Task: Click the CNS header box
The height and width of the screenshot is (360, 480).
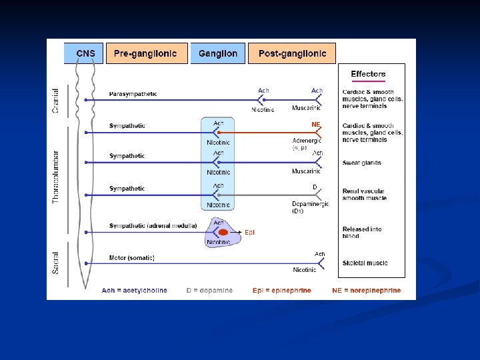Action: coord(83,53)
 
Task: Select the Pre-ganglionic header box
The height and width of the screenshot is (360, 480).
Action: coord(145,53)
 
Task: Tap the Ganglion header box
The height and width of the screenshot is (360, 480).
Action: coord(217,53)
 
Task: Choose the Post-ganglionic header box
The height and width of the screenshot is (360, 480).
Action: coord(292,53)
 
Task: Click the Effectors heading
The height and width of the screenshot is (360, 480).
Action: coord(368,74)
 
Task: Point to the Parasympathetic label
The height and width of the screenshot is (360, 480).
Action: coord(133,94)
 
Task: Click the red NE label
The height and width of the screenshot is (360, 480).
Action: coord(316,125)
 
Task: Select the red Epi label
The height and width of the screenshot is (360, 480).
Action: coord(249,232)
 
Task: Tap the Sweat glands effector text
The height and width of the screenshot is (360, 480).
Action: coord(362,163)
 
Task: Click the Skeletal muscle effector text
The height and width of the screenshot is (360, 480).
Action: coord(365,263)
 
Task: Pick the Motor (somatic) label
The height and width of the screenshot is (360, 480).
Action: coord(132,258)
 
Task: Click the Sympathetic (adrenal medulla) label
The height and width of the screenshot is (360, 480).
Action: coord(153,226)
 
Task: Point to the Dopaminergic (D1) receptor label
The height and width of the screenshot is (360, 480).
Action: coord(310,207)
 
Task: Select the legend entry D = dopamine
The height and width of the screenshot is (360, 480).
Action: coord(209,291)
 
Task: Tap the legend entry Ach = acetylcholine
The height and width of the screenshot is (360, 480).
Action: coord(134,291)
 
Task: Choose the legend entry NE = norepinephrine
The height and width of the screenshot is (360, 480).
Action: coord(367,291)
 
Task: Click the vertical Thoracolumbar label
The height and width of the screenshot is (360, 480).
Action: coord(56,175)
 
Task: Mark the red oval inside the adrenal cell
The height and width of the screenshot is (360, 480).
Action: coord(224,232)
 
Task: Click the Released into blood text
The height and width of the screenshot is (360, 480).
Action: coord(362,232)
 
